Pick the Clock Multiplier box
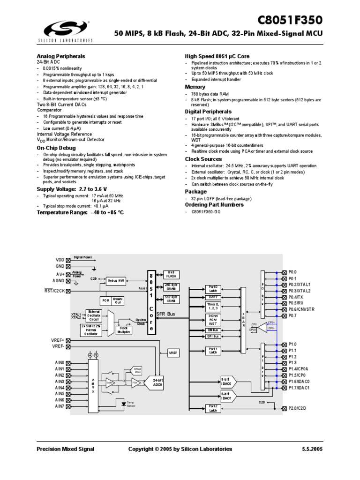124,330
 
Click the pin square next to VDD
68,259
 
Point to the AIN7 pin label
59,406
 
